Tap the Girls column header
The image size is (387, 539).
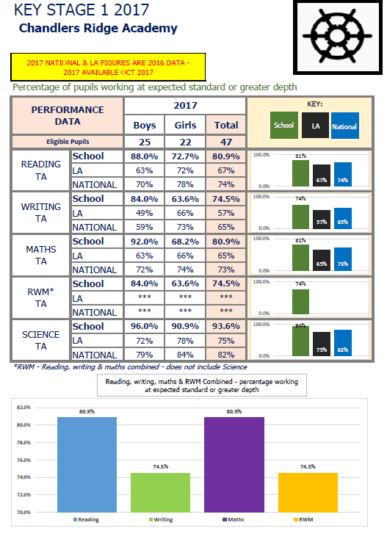[184, 126]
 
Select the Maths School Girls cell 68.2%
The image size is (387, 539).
[184, 242]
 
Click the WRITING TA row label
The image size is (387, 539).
[41, 213]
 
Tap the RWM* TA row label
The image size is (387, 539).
[41, 297]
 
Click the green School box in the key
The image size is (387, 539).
[283, 125]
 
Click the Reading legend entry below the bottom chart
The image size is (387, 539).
[87, 520]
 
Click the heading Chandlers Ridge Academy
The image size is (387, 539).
[98, 29]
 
